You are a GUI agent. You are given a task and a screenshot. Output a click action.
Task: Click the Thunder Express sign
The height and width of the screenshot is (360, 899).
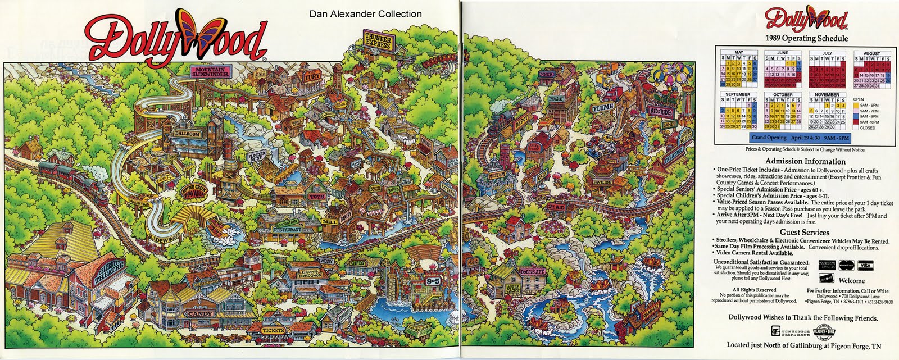[x=378, y=41]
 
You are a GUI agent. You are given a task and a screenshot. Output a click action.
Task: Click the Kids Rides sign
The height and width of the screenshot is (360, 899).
[x=662, y=113]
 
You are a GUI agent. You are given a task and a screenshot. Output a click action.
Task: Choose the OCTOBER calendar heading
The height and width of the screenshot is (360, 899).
[x=783, y=95]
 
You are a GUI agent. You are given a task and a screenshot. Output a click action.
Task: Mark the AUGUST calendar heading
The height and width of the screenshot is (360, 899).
[x=871, y=54]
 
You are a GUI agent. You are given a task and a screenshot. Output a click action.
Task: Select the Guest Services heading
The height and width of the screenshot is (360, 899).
[x=804, y=232]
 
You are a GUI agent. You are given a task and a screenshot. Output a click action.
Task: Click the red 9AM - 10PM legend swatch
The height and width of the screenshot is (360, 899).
[x=857, y=121]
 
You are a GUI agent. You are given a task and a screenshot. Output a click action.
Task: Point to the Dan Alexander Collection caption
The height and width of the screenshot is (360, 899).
[x=365, y=14]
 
